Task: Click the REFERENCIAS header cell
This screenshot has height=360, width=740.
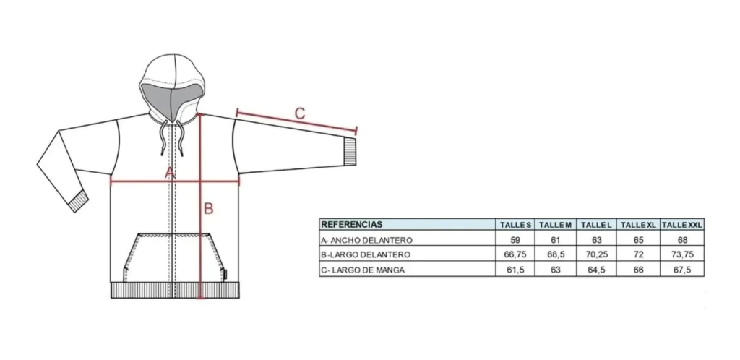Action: pyautogui.click(x=352, y=225)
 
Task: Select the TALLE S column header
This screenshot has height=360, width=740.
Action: pyautogui.click(x=516, y=225)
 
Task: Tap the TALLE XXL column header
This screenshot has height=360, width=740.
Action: pyautogui.click(x=682, y=225)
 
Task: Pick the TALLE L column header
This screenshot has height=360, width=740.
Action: pyautogui.click(x=596, y=225)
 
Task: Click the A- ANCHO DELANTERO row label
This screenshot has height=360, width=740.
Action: pyautogui.click(x=366, y=240)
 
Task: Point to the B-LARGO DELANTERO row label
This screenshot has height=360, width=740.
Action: pyautogui.click(x=366, y=254)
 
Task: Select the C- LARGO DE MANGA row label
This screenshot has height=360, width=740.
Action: pyautogui.click(x=363, y=270)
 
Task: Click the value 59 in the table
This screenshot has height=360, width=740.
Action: pyautogui.click(x=515, y=240)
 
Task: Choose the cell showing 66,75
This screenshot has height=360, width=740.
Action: pyautogui.click(x=515, y=254)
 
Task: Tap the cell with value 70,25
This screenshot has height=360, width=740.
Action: pyautogui.click(x=596, y=254)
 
